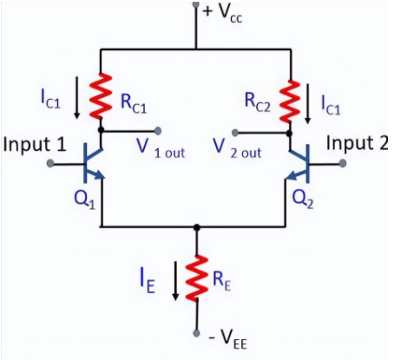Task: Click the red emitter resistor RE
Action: tap(198, 278)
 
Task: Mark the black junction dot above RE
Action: tap(198, 227)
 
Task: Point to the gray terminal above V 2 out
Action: tap(237, 133)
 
